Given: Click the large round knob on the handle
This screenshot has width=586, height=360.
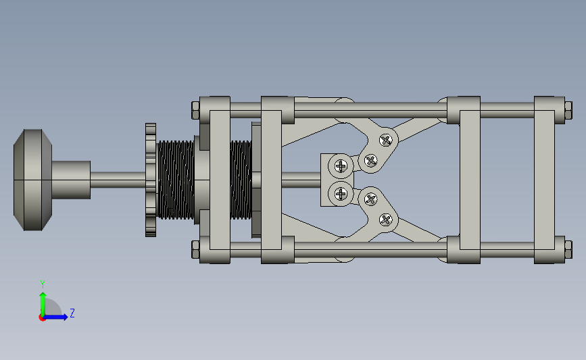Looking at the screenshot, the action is click(x=33, y=180).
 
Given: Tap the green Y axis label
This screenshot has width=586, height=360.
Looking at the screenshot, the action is click(x=43, y=284).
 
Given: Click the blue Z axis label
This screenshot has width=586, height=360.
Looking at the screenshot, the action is click(x=72, y=313).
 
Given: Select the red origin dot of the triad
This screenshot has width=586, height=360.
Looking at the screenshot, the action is click(x=42, y=318).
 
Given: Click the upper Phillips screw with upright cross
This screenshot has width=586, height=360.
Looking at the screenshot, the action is click(x=341, y=165).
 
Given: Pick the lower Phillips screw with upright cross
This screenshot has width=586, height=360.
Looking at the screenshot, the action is click(x=341, y=194).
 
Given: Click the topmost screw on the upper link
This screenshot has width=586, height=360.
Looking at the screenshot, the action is click(x=386, y=140).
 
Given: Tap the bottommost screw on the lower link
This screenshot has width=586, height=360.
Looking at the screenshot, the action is click(x=386, y=220).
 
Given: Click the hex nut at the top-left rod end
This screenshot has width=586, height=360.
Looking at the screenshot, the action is click(x=195, y=110).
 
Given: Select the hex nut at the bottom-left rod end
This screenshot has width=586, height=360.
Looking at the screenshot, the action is click(x=195, y=249).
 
